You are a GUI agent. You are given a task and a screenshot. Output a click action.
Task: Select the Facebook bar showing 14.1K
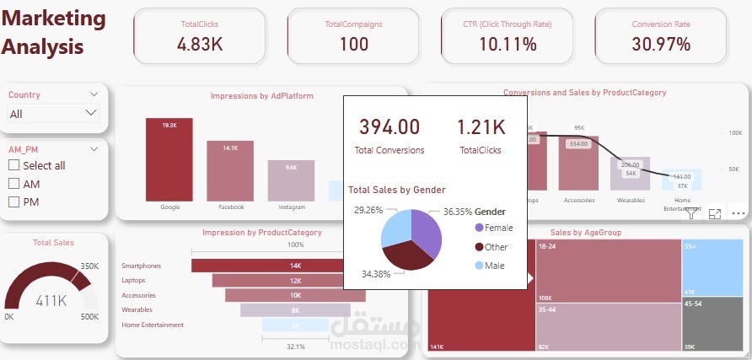coord(231,170)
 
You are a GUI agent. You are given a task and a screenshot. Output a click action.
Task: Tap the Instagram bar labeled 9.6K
coord(292,180)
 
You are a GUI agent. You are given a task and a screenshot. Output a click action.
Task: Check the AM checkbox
coord(13,184)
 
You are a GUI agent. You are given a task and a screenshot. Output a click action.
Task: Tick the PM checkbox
coord(13,201)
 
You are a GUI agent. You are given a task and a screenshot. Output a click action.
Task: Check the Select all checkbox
coord(13,165)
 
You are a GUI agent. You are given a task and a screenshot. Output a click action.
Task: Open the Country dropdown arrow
coord(91,113)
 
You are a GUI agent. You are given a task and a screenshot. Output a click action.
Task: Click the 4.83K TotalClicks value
coord(200,45)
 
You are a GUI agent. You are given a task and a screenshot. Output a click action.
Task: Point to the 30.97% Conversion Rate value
coord(662,45)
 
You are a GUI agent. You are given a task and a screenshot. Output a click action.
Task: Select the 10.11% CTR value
coord(508,45)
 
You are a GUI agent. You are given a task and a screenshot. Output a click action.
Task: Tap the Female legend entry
coord(497,228)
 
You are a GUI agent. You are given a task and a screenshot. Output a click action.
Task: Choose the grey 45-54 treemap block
coord(712,325)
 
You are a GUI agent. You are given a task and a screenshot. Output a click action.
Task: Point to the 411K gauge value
coord(51,300)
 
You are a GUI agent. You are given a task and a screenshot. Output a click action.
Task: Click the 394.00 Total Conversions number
coord(389,127)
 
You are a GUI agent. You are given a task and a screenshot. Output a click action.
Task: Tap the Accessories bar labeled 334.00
coord(578,164)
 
